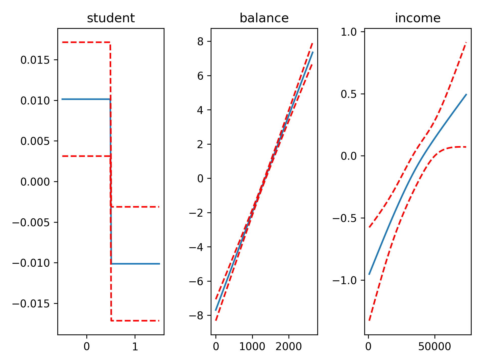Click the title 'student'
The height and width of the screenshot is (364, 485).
111,18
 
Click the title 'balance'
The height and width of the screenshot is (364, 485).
264,18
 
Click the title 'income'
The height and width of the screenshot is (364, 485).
418,18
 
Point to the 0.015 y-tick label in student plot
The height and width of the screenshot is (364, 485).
35,60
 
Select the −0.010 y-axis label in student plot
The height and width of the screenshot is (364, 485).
31,263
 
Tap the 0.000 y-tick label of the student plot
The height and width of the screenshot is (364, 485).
35,182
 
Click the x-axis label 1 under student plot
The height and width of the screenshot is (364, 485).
135,347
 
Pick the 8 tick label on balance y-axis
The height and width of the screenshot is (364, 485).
200,42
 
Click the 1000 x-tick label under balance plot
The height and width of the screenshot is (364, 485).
252,347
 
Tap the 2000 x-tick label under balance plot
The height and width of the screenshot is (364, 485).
288,347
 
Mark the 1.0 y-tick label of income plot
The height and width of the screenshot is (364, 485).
348,32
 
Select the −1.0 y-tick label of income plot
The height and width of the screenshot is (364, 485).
344,280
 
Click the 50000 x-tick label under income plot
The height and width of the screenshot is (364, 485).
434,347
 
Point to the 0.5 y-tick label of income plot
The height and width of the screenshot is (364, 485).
348,94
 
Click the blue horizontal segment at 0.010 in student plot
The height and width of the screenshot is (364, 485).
86,99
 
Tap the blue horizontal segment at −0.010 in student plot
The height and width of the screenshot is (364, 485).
135,264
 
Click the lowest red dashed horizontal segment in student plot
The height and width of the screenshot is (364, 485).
135,321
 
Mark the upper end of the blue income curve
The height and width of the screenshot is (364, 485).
466,95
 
